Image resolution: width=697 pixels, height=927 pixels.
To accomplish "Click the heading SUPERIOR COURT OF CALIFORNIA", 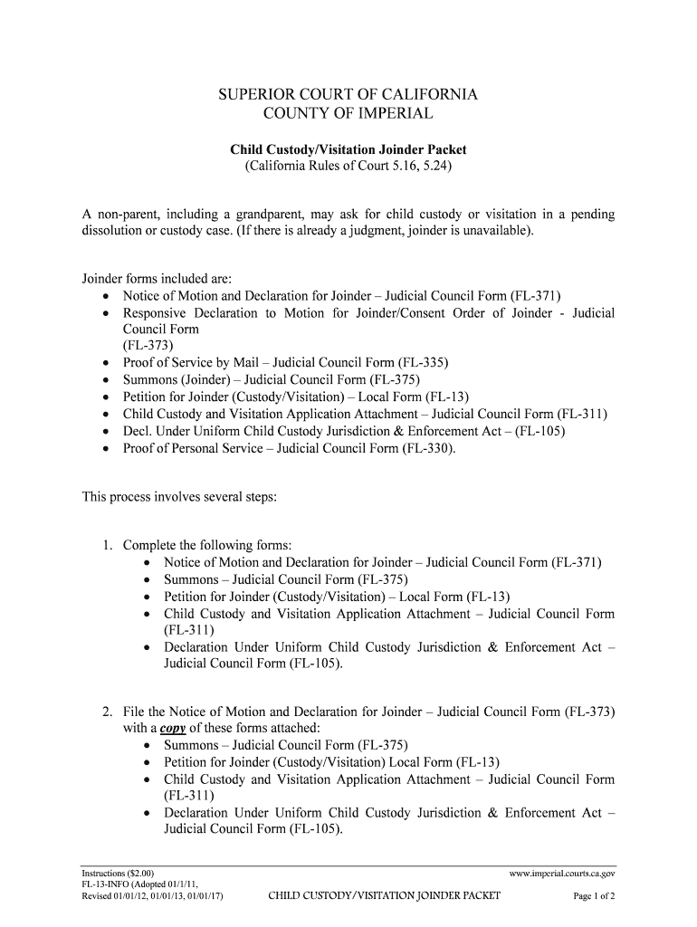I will [348, 94].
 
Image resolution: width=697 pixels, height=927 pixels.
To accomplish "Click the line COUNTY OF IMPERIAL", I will [348, 114].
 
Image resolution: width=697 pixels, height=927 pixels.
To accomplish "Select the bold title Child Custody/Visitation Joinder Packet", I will [348, 149].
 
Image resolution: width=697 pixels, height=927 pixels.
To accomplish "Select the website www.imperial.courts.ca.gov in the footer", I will [562, 874].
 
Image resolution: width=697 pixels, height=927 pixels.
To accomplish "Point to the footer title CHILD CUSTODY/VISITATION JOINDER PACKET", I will [384, 897].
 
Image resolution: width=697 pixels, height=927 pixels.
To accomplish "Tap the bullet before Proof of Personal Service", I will [107, 448].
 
